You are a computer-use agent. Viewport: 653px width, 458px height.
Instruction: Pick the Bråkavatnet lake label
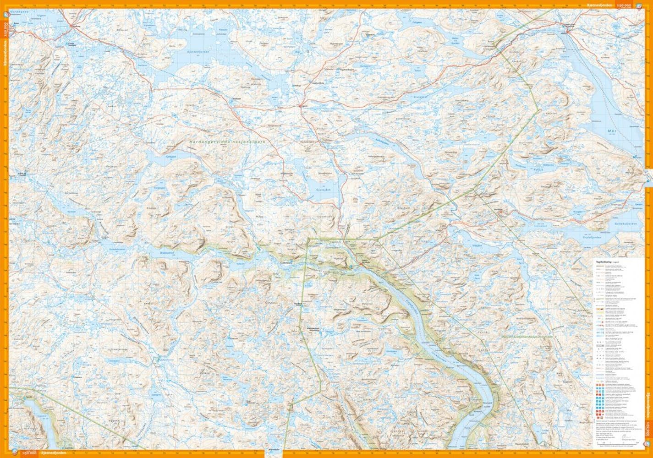coord(169,253)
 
